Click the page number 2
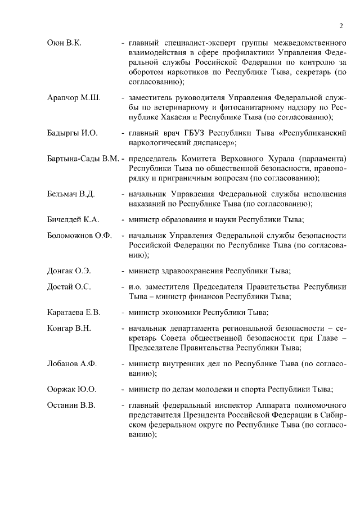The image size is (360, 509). pos(341,25)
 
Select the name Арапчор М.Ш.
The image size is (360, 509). pos(74,98)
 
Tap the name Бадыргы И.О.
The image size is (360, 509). pos(73,133)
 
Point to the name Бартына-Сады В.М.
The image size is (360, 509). pos(83,159)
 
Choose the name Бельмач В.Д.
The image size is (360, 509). pos(71,194)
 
